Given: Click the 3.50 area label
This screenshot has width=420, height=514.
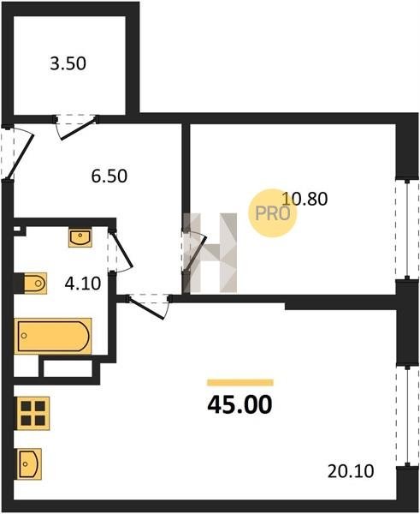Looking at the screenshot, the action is (x=68, y=63).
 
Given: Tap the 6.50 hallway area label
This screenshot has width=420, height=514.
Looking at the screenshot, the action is (x=109, y=176).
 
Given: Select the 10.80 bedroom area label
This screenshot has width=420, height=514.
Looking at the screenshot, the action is (x=305, y=199).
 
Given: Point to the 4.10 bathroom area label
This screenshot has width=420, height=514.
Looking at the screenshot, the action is (x=82, y=284).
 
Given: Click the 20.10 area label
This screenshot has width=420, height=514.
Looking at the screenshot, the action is (x=351, y=471).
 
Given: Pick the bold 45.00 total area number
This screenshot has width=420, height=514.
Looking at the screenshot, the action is (x=240, y=404).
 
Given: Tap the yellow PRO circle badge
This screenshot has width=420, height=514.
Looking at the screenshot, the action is (x=272, y=213).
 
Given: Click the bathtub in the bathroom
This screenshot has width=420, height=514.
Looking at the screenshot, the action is (x=53, y=336).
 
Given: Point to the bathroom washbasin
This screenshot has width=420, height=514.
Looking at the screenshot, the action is (x=80, y=237).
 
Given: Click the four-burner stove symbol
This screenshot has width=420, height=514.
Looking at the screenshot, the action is (x=33, y=413).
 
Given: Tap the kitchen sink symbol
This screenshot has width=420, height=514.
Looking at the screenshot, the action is (x=28, y=463).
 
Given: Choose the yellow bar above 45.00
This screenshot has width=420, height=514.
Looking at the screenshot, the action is (x=240, y=383).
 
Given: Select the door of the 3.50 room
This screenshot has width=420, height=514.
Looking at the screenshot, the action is (x=77, y=124).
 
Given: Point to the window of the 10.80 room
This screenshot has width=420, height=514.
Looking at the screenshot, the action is (x=407, y=230).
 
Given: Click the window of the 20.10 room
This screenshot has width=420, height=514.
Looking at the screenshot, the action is (x=407, y=415).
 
